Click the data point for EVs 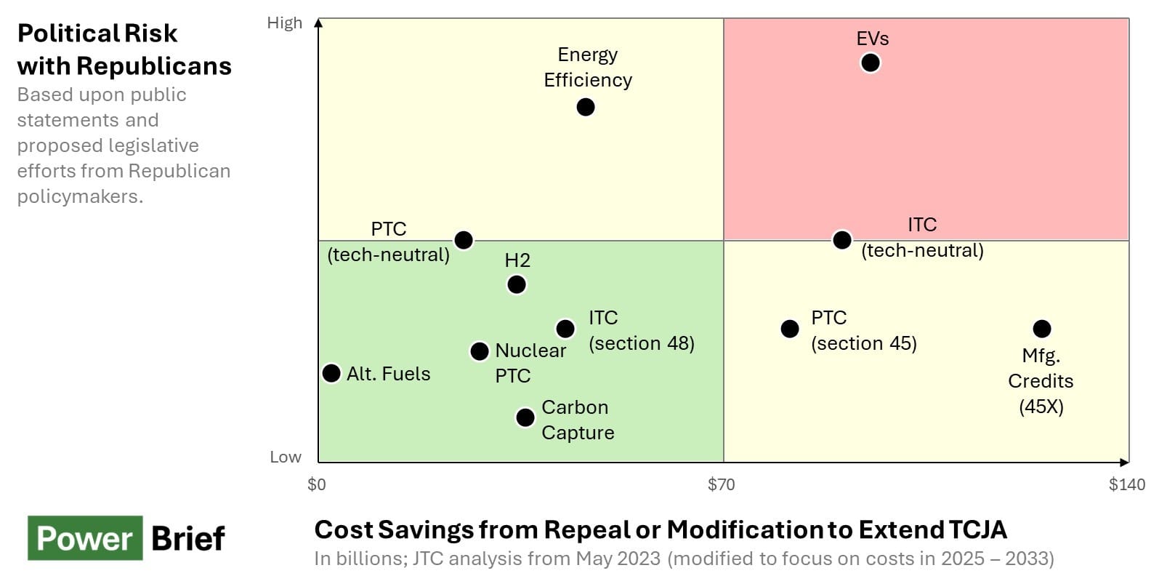click(870, 63)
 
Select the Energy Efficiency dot click(586, 107)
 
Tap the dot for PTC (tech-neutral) click(464, 240)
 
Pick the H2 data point click(517, 284)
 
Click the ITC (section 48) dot click(565, 329)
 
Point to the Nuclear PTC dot click(480, 351)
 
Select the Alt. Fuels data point click(331, 373)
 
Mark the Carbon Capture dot click(525, 417)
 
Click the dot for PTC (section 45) click(790, 329)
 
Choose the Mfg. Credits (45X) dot click(1042, 329)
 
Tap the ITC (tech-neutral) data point click(842, 240)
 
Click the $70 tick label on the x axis click(722, 484)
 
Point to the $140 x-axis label click(1126, 484)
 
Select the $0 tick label click(317, 484)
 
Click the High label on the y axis click(284, 23)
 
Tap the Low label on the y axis click(285, 457)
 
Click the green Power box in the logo click(85, 538)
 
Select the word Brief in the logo click(188, 539)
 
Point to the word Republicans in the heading click(153, 66)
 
